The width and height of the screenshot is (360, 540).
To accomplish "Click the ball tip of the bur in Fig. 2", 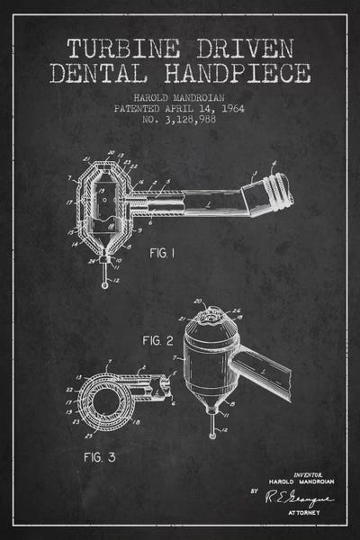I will point(212,434).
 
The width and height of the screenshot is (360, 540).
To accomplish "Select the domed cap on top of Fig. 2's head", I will point(212,315).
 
